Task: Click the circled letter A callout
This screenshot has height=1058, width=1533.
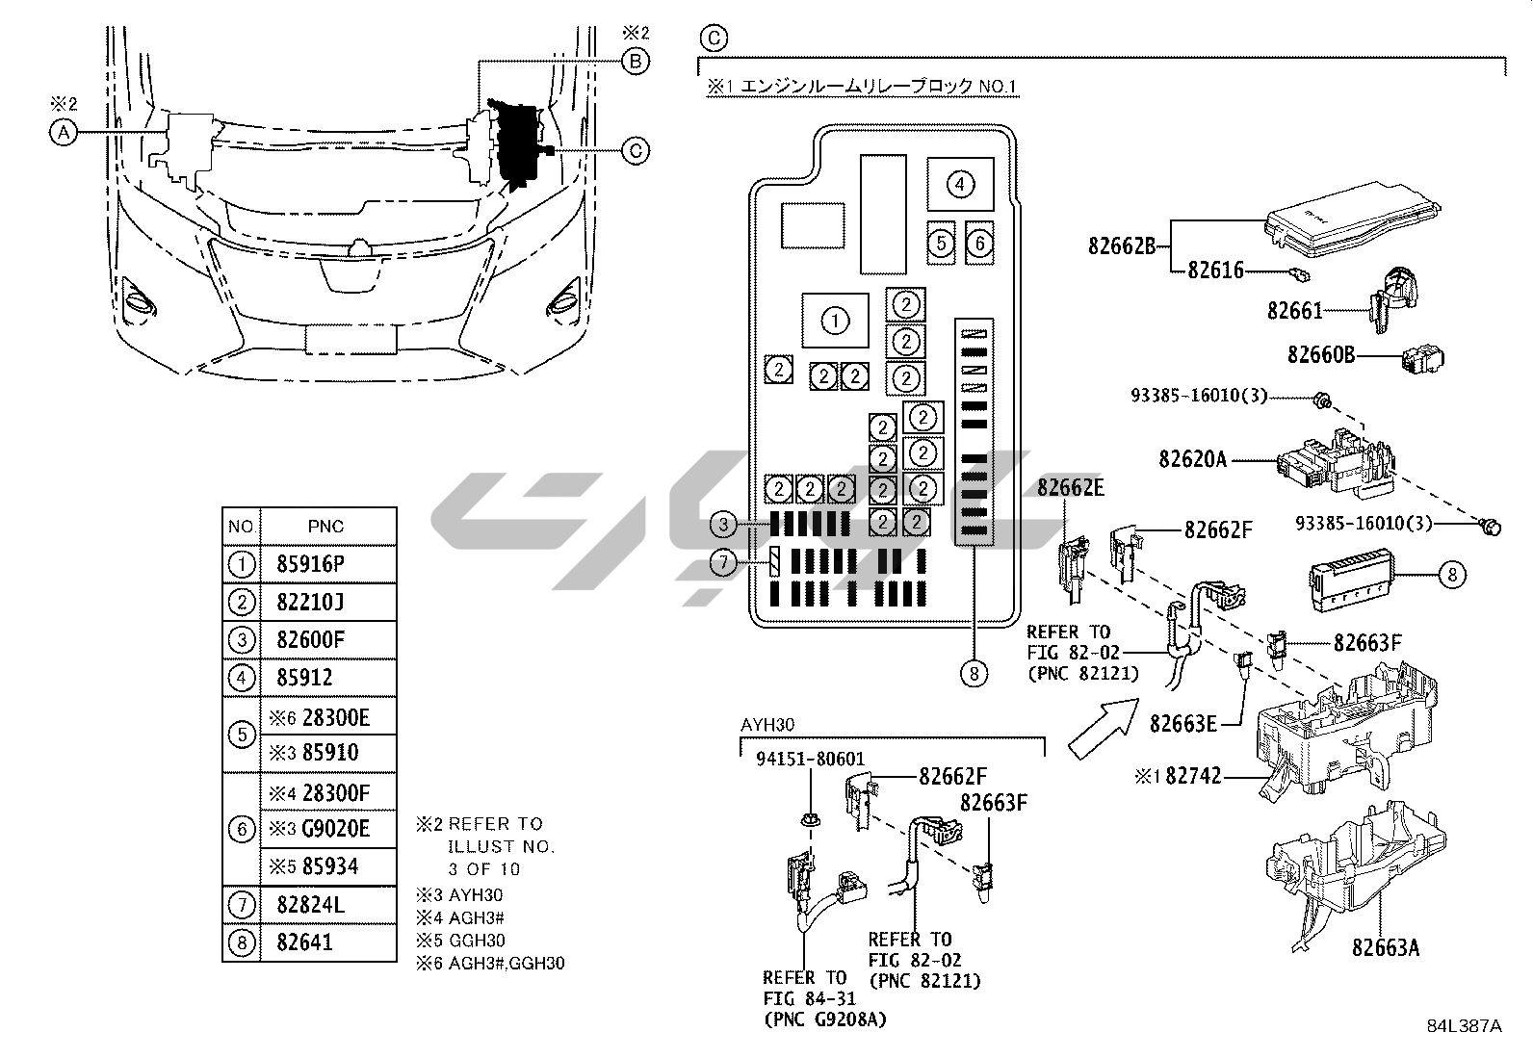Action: (x=63, y=133)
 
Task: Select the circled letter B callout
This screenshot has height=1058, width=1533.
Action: (x=635, y=62)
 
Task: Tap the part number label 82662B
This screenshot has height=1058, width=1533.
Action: (x=1122, y=245)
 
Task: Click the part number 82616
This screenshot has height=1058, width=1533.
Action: (x=1215, y=271)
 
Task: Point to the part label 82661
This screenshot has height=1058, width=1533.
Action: (x=1295, y=311)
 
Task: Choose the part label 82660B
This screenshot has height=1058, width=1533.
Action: (x=1321, y=355)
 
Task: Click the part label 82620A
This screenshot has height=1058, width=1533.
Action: (x=1193, y=459)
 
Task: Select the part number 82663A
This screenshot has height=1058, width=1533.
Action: (x=1386, y=947)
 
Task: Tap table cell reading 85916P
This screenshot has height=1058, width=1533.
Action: (x=310, y=564)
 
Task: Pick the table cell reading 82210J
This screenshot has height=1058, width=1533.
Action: (x=310, y=603)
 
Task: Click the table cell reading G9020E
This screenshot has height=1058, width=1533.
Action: (x=335, y=829)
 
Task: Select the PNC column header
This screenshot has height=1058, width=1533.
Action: (x=325, y=527)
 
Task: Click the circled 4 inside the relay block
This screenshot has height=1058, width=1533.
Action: (x=960, y=184)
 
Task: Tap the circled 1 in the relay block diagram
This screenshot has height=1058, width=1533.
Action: (x=835, y=321)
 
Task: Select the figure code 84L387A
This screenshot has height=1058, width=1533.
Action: (x=1464, y=1026)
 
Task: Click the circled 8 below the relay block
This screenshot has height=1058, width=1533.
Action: (x=974, y=674)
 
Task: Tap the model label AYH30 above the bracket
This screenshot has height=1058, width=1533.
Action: (x=767, y=724)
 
